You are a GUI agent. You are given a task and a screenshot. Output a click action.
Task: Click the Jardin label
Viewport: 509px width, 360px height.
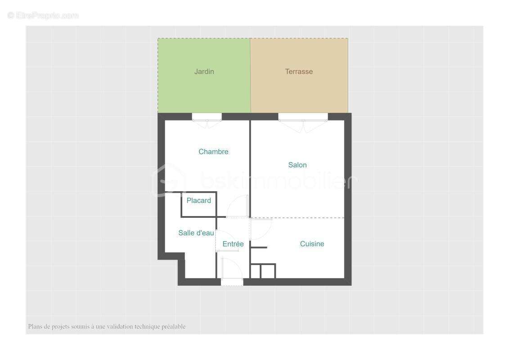(204, 72)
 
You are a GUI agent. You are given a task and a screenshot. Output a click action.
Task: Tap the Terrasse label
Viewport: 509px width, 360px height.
(299, 72)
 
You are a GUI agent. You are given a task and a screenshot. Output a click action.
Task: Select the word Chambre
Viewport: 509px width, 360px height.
(213, 152)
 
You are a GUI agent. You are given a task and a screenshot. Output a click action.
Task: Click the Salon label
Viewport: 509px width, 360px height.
(297, 165)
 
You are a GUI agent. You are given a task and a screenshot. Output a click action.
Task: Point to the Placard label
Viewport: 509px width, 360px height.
(198, 201)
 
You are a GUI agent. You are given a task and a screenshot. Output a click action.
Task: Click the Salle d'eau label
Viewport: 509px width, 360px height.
(196, 233)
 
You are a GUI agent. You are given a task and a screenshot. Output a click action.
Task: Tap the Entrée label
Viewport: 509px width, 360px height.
(233, 244)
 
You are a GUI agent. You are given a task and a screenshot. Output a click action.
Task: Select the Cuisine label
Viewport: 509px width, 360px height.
(312, 244)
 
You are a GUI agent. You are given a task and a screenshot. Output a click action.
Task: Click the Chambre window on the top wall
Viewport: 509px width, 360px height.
(207, 117)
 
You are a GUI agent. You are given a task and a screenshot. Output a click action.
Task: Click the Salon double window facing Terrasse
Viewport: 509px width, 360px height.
(303, 117)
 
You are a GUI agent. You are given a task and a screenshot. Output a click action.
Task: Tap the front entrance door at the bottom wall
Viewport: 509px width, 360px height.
(232, 282)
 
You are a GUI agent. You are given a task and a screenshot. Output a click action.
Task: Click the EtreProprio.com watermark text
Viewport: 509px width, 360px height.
(43, 16)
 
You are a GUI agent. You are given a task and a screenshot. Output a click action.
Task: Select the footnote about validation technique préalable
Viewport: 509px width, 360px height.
(107, 327)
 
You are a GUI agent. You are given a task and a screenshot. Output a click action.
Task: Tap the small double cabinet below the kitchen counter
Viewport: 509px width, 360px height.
(263, 271)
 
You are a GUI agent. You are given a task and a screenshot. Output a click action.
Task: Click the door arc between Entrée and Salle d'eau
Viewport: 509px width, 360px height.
(226, 238)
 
